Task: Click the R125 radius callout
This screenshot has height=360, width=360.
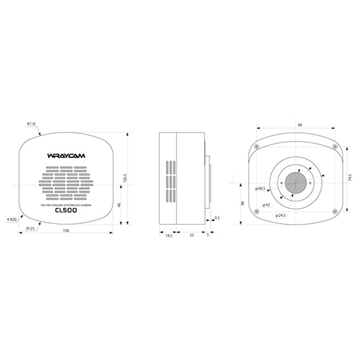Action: [x=31, y=228]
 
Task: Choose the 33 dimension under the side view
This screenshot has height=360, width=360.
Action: [x=191, y=235]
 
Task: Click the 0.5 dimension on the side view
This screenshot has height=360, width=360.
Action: [x=217, y=217]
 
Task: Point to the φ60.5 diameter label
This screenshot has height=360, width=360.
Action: [x=260, y=189]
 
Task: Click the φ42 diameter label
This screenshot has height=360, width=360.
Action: [x=266, y=204]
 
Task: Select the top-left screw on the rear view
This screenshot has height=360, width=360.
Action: [x=256, y=145]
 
